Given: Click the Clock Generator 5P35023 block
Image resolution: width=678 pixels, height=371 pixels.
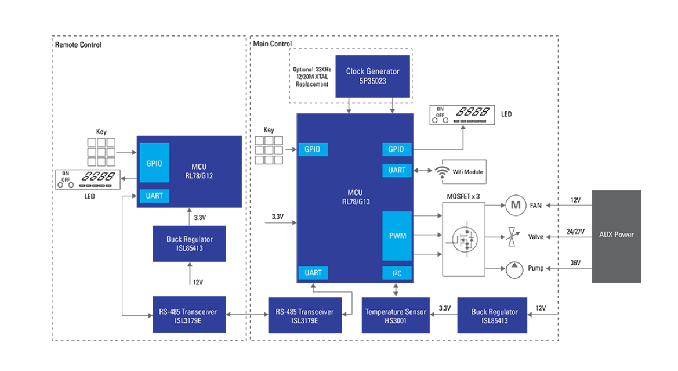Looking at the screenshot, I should (x=372, y=76).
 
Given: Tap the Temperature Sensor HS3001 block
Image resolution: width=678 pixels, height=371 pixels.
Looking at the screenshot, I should (x=396, y=315).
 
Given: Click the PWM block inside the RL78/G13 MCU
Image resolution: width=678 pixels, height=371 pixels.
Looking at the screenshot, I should (x=397, y=236).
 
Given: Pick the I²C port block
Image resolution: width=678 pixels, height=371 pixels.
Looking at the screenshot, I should (x=397, y=273).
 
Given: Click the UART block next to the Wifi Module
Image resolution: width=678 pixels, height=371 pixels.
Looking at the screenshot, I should (x=397, y=170).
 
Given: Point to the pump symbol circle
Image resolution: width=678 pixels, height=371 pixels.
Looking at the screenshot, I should (x=514, y=268).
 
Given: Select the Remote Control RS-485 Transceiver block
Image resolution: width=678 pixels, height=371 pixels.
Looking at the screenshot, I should (x=188, y=315).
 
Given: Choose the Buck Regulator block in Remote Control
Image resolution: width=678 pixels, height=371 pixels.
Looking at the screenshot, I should (x=188, y=243).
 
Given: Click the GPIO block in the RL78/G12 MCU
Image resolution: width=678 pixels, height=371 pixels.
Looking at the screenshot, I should (x=154, y=164).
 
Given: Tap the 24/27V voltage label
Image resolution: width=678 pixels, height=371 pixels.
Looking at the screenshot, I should (x=575, y=232).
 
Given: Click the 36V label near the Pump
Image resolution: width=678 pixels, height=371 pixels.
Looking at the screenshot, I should (x=575, y=263).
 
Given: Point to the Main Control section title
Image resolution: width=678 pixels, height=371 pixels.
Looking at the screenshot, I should (x=272, y=44).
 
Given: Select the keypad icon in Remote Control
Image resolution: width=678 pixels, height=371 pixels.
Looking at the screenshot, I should (x=101, y=152).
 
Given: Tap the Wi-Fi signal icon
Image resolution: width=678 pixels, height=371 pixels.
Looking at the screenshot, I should (x=442, y=171).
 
